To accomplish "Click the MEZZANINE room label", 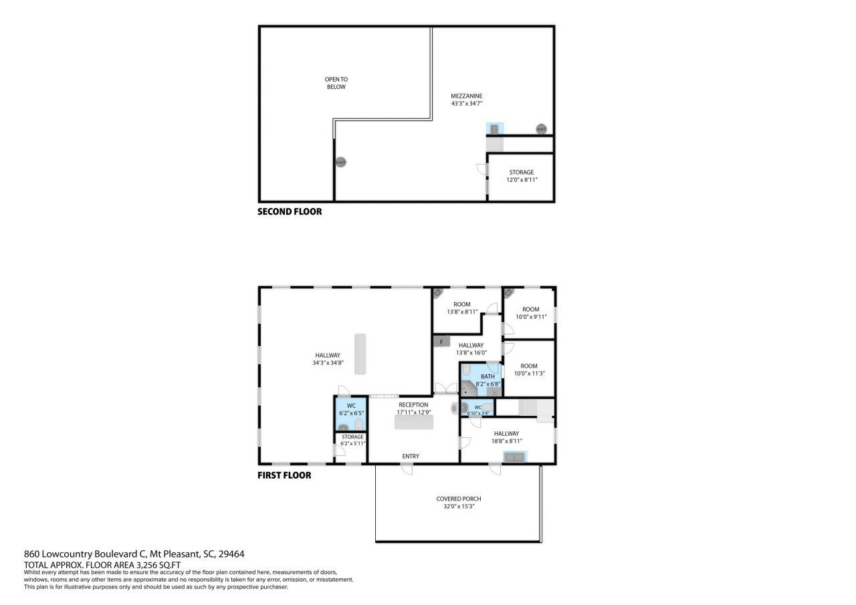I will pyautogui.click(x=466, y=96).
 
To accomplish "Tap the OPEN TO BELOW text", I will pyautogui.click(x=336, y=83).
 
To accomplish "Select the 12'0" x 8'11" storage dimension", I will pyautogui.click(x=522, y=180).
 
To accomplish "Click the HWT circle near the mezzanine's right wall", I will pyautogui.click(x=541, y=129).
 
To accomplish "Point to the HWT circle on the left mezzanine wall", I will pyautogui.click(x=340, y=162).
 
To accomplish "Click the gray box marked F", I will pyautogui.click(x=441, y=342).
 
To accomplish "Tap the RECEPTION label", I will pyautogui.click(x=413, y=404).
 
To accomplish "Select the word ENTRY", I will pyautogui.click(x=411, y=456).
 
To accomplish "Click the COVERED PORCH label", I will pyautogui.click(x=458, y=499).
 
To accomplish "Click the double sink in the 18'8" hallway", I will pyautogui.click(x=515, y=457).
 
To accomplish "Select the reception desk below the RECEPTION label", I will pyautogui.click(x=413, y=422).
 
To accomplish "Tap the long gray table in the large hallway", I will pyautogui.click(x=361, y=354).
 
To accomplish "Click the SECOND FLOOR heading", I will pyautogui.click(x=290, y=211).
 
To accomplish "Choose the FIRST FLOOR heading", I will pyautogui.click(x=284, y=475).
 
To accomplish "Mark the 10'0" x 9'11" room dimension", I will pyautogui.click(x=530, y=316).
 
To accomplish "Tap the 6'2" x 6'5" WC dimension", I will pyautogui.click(x=350, y=412).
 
